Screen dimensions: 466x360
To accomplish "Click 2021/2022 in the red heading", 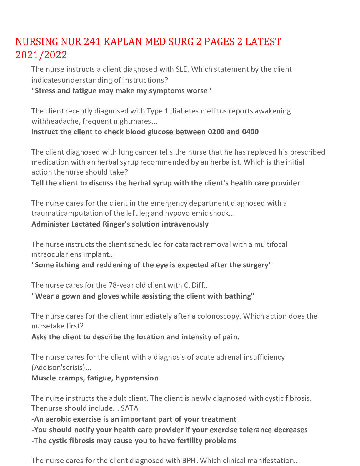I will pyautogui.click(x=41, y=55).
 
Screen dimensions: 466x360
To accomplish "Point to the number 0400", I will pyautogui.click(x=250, y=132).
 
